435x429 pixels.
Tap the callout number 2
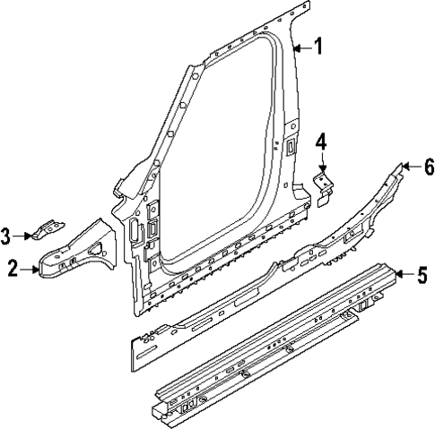(12, 266)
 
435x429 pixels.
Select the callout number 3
(6, 236)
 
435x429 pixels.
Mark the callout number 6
(429, 166)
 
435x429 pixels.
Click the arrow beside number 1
(302, 48)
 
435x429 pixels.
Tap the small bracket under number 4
(325, 184)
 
